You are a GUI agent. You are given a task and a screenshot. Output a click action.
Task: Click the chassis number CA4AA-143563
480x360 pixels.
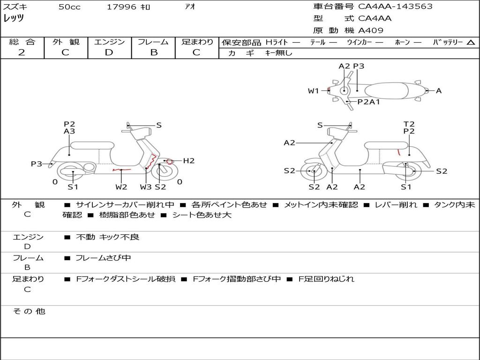[395, 7]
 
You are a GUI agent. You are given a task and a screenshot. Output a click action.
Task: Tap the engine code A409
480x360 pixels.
[371, 30]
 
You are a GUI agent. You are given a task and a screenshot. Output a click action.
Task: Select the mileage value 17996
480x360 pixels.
[121, 7]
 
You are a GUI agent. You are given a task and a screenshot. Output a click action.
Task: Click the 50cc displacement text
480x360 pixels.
[69, 7]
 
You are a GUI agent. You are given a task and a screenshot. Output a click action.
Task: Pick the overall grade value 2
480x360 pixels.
[22, 52]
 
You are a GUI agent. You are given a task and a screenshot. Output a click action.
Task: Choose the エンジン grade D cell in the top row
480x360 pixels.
[109, 52]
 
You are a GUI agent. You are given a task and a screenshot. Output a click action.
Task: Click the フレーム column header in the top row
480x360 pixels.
[153, 42]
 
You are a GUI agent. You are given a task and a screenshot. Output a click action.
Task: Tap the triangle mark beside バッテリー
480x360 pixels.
[471, 43]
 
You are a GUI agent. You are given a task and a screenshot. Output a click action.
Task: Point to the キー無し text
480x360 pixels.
[278, 53]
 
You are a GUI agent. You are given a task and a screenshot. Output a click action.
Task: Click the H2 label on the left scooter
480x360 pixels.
[188, 161]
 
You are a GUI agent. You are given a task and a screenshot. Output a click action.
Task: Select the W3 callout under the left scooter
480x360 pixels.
[146, 187]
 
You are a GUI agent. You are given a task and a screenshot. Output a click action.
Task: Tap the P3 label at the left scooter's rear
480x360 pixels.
[37, 164]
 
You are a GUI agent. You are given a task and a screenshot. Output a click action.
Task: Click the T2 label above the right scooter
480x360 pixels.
[409, 124]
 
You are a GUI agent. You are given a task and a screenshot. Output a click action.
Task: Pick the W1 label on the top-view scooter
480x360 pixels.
[313, 91]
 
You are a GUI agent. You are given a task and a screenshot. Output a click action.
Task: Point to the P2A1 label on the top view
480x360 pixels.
[368, 101]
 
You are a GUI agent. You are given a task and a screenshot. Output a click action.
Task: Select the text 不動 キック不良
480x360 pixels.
[108, 237]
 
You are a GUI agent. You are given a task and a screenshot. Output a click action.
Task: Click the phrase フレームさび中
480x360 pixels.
[104, 258]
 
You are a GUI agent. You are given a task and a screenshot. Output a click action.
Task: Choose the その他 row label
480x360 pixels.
[29, 311]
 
